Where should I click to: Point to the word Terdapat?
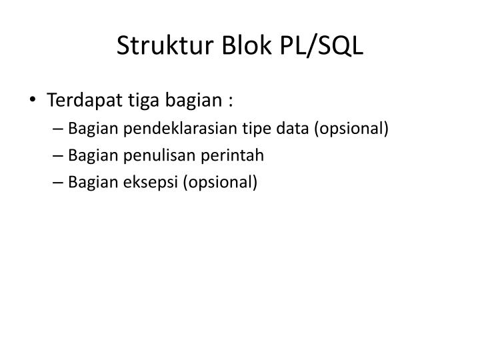(80, 101)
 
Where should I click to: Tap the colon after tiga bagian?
(231, 103)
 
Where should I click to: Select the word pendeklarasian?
(166, 129)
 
